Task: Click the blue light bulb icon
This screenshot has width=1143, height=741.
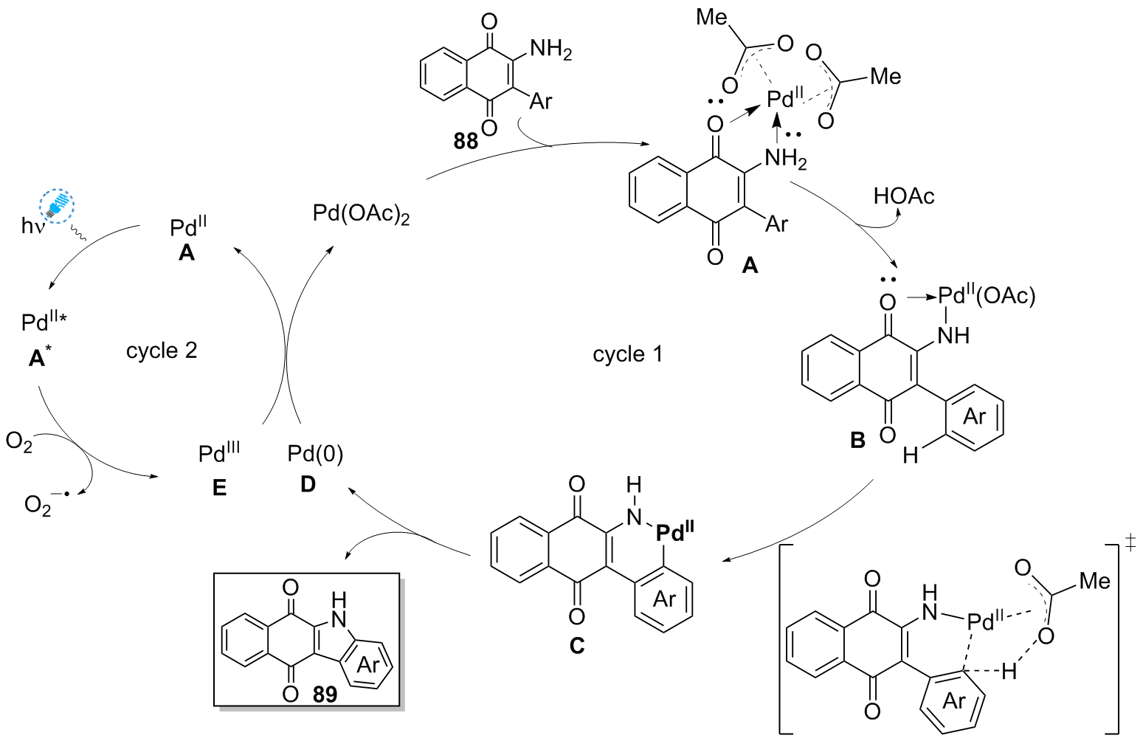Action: (x=57, y=206)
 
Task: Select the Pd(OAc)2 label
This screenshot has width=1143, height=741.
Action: (x=362, y=214)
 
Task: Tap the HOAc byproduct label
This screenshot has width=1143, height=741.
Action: (x=904, y=196)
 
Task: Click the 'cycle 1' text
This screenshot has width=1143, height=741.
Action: (x=628, y=354)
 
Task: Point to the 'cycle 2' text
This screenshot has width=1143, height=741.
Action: (x=162, y=351)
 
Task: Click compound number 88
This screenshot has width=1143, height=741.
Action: (x=466, y=142)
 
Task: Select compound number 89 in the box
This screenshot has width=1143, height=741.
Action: (x=325, y=695)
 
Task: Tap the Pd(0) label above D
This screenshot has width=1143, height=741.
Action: (x=315, y=453)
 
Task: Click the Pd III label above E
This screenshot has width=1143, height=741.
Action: (x=219, y=452)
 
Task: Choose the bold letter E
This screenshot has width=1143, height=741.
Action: (x=219, y=489)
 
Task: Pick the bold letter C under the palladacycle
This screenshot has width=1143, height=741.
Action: (x=576, y=646)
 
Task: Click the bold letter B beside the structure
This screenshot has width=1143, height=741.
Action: (x=857, y=439)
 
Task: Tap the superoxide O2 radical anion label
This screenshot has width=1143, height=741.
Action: (x=46, y=505)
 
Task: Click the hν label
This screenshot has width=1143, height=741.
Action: (x=32, y=226)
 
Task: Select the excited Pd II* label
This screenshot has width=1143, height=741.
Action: (x=44, y=322)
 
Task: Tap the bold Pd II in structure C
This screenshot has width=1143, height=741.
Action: (x=674, y=532)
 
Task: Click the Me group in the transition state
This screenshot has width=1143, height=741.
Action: (x=1094, y=581)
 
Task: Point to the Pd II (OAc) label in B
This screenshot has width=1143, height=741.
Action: (x=987, y=296)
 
